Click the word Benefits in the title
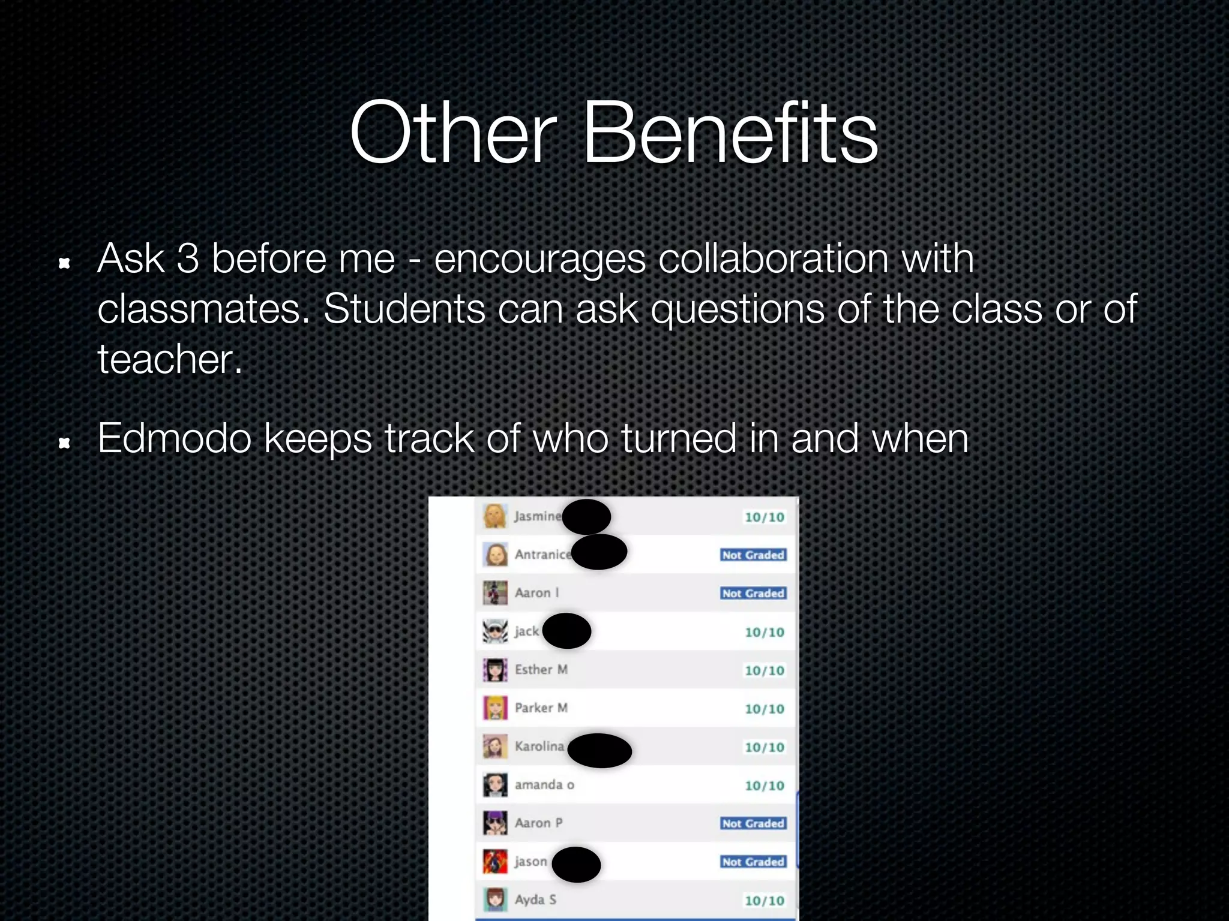(x=730, y=133)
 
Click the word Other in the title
(x=454, y=133)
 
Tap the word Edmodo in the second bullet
(x=174, y=438)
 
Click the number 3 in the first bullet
(x=188, y=259)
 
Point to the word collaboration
(x=774, y=259)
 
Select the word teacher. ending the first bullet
(x=170, y=360)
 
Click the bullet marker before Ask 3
(x=64, y=263)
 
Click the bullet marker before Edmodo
(x=64, y=443)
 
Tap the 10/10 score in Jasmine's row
(x=764, y=517)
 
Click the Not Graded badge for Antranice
(x=753, y=555)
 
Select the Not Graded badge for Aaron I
(x=753, y=594)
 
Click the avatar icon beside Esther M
(x=496, y=670)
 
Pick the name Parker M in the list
(x=541, y=708)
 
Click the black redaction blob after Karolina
(x=599, y=750)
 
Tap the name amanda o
(x=544, y=785)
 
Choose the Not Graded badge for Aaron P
(x=753, y=824)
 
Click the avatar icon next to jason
(x=496, y=862)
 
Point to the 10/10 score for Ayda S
(x=764, y=901)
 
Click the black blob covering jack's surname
(x=566, y=631)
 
